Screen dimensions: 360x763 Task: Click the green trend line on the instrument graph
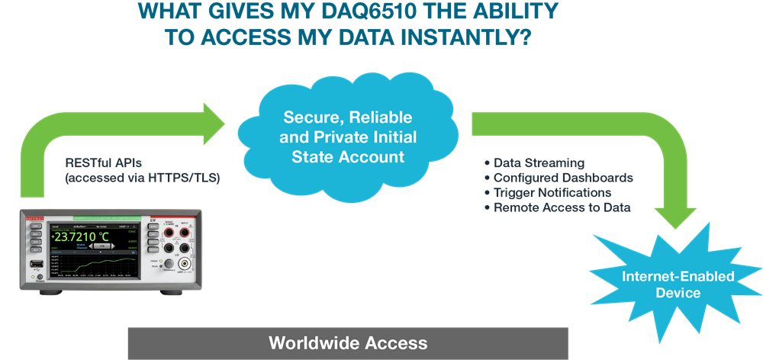click(103, 263)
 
